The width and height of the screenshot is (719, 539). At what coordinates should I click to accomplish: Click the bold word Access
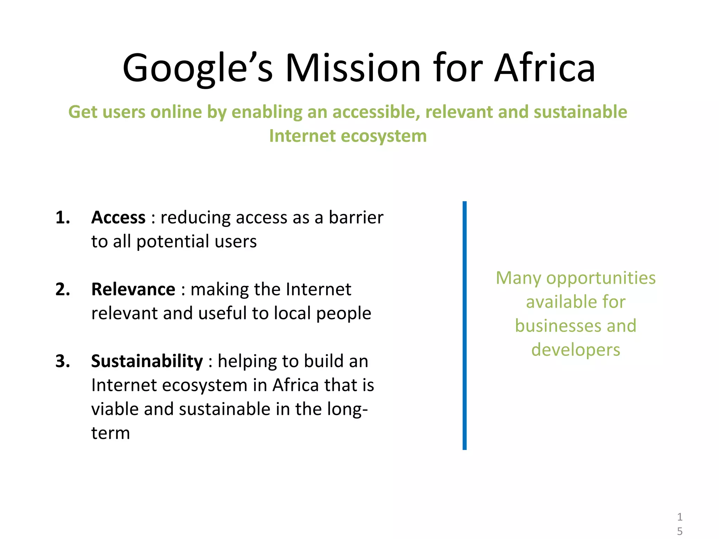(118, 218)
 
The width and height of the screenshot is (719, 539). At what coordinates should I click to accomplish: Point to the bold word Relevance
(133, 290)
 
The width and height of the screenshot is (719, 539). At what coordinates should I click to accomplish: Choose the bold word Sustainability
(147, 361)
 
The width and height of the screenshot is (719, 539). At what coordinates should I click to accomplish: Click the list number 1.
(62, 218)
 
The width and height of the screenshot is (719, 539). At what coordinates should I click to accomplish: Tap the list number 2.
(62, 290)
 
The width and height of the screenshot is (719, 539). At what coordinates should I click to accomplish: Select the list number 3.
(62, 361)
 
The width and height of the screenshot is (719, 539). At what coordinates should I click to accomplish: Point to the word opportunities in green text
(601, 278)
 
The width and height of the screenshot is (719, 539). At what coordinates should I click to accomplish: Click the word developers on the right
(576, 350)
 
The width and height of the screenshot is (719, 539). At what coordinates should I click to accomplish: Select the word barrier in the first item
(356, 218)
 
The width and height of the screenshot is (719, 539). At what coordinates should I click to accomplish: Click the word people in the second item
(344, 313)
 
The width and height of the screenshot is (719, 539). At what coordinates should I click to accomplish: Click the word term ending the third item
(111, 433)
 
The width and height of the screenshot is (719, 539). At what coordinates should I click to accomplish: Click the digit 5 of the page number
(680, 531)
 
